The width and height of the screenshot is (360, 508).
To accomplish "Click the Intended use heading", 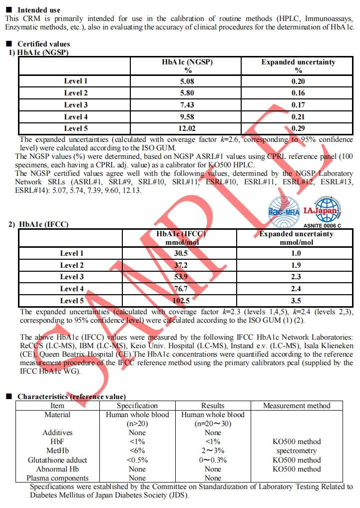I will point(38,10).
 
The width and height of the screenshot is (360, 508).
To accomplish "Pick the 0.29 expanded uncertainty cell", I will point(298,128).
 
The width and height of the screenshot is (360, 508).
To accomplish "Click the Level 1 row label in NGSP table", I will point(75,81).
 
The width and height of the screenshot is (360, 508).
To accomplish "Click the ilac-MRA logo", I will point(284,210).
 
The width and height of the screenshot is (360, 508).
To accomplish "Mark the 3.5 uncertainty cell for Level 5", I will point(296,301).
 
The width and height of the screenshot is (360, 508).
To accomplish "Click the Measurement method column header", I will point(297,406).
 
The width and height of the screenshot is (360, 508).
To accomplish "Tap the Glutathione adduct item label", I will point(57,460).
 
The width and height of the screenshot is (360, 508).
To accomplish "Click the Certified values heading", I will point(43,44).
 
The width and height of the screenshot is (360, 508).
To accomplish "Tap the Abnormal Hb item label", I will point(57,469).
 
